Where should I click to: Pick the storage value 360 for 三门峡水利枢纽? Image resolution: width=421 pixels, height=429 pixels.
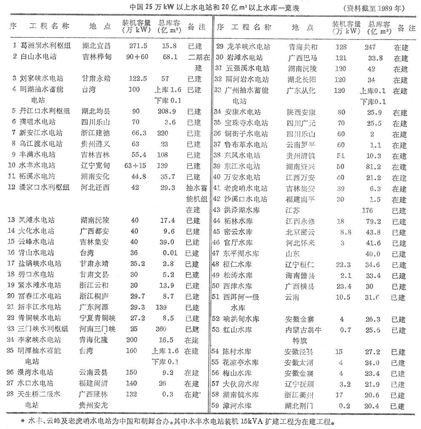pos(166,329)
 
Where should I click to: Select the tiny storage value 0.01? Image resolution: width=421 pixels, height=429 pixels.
pos(168,253)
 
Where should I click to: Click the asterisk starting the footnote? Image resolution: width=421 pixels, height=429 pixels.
pos(22,421)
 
